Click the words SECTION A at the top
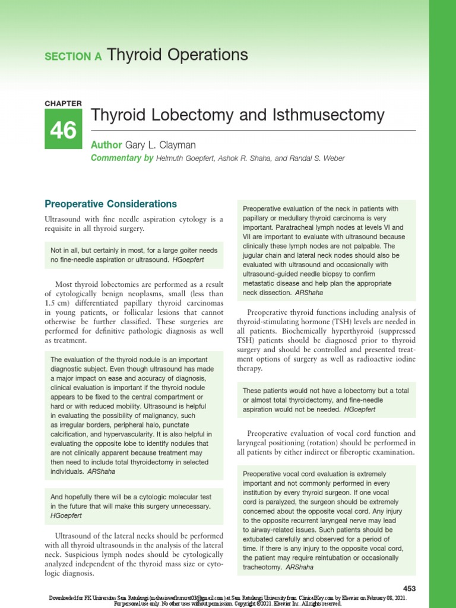click(74, 56)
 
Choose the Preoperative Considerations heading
click(111, 204)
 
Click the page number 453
click(408, 588)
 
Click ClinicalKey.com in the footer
click(325, 597)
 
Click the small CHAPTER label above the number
click(63, 103)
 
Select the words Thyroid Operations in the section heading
click(178, 55)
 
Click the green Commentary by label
click(121, 158)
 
